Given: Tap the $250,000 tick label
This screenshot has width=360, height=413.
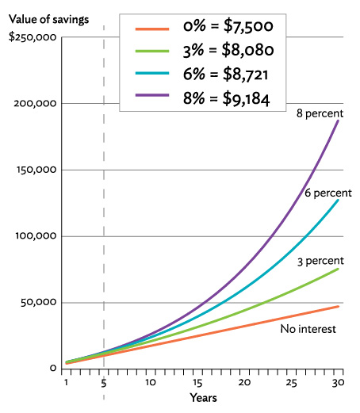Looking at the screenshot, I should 31,37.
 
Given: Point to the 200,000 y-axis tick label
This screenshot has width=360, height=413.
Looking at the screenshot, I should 35,104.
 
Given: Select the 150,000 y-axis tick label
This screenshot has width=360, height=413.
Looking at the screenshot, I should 35,170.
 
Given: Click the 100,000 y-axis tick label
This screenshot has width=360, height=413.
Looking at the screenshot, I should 35,236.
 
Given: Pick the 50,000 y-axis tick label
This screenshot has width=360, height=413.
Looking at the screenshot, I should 37,302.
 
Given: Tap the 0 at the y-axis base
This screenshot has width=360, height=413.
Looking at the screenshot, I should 52,369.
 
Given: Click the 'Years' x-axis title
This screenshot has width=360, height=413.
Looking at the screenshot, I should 202,396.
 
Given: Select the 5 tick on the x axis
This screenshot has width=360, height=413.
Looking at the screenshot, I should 104,382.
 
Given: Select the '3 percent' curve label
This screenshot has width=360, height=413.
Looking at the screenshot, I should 319,261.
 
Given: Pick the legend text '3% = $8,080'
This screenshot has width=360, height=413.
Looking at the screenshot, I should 227,52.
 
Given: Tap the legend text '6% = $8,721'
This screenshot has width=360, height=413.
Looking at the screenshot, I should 227,76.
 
